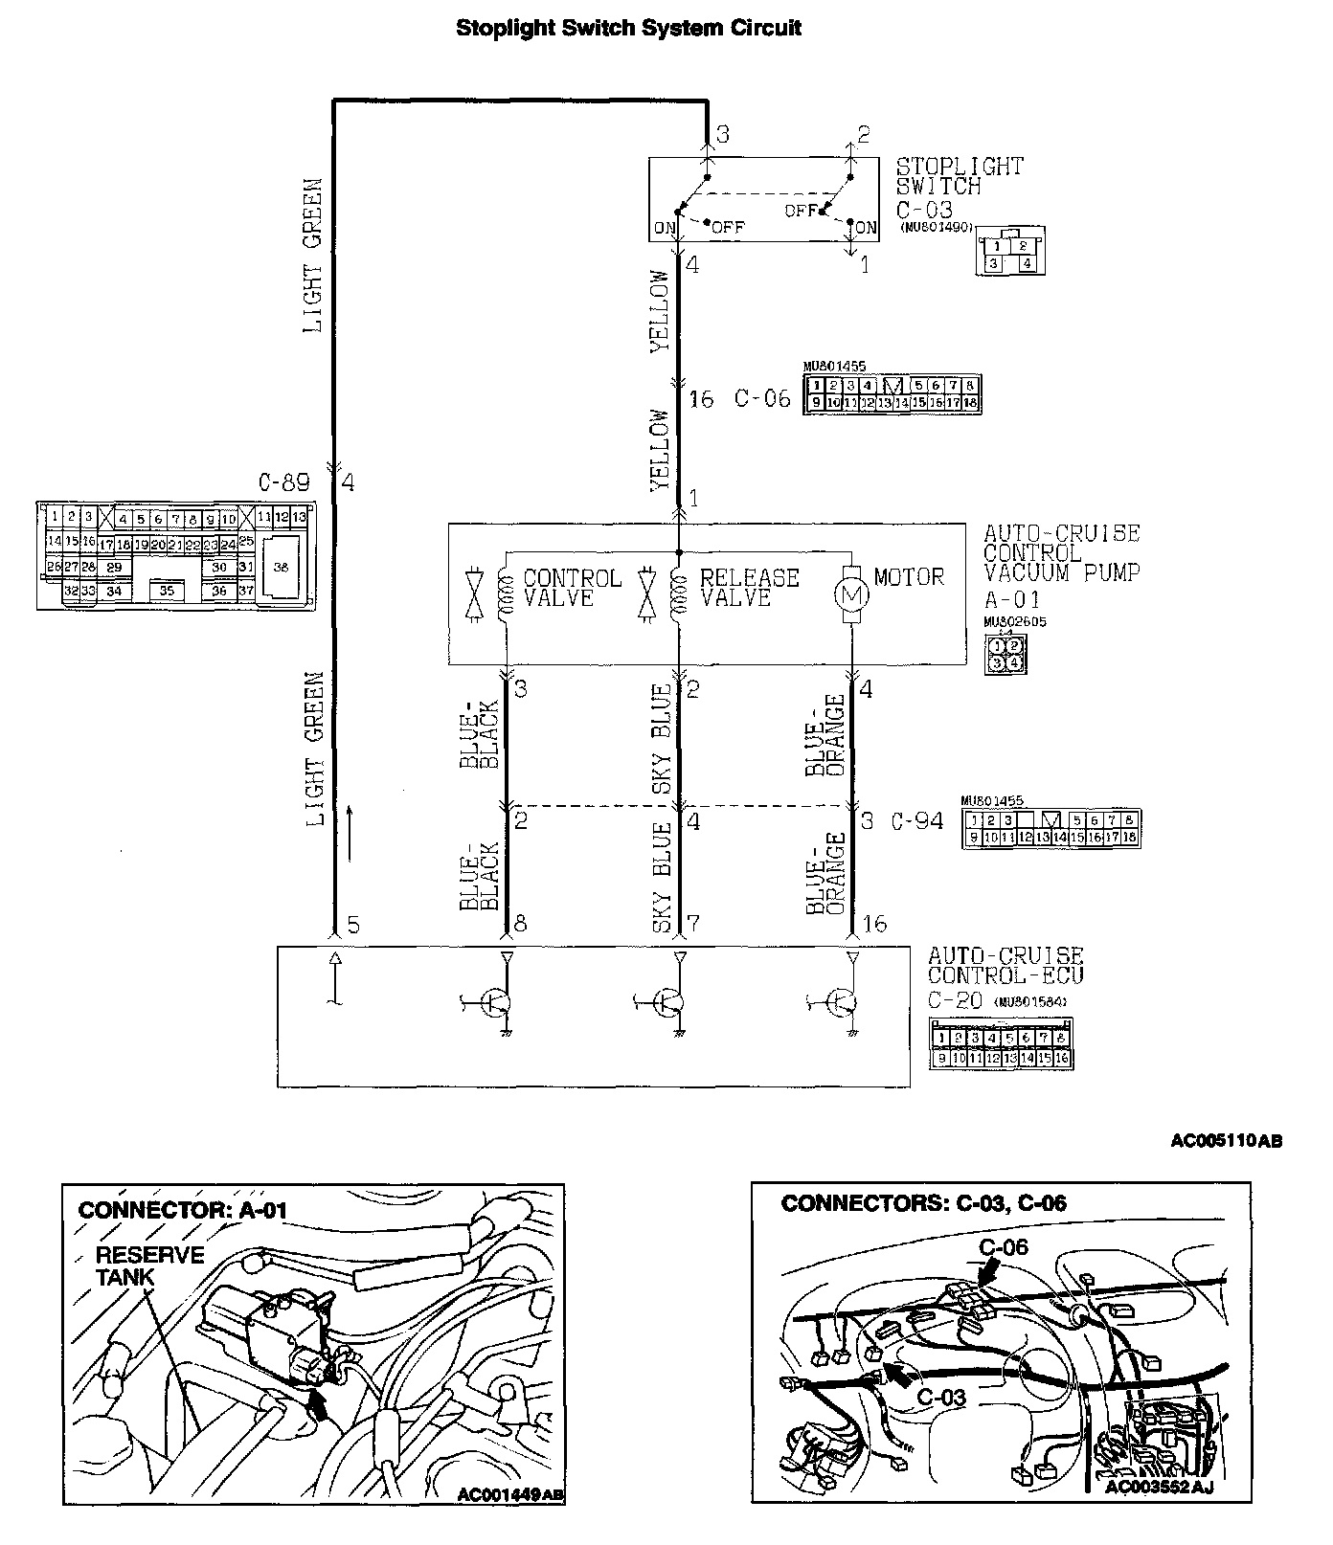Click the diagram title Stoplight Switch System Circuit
pyautogui.click(x=628, y=28)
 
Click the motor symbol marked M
pyautogui.click(x=852, y=593)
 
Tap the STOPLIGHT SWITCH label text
pyautogui.click(x=960, y=176)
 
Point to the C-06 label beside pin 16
pyautogui.click(x=762, y=398)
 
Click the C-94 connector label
pyautogui.click(x=916, y=820)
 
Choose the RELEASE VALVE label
pyautogui.click(x=749, y=587)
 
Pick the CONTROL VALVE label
pyautogui.click(x=572, y=588)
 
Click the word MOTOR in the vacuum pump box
pyautogui.click(x=909, y=577)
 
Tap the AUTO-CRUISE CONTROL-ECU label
pyautogui.click(x=1005, y=965)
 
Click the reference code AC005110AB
pyautogui.click(x=1227, y=1140)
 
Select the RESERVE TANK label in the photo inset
pyautogui.click(x=149, y=1265)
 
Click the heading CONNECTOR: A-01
pyautogui.click(x=183, y=1210)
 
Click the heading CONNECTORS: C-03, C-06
pyautogui.click(x=923, y=1203)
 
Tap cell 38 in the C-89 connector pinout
pyautogui.click(x=281, y=567)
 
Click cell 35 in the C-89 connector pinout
pyautogui.click(x=168, y=591)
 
